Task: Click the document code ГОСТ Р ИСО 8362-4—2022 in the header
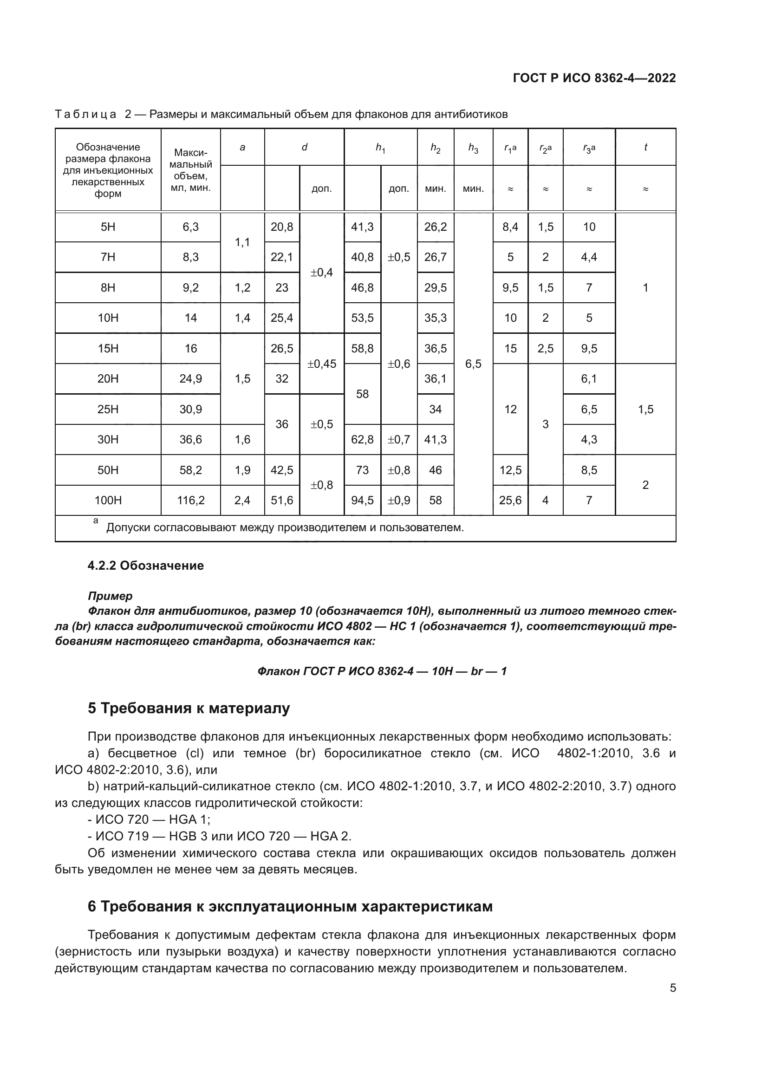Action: coord(594,78)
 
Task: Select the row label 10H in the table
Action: coord(108,318)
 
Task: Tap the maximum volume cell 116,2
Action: coord(190,500)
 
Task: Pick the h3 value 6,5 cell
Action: coord(473,364)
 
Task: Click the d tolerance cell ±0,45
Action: coord(322,364)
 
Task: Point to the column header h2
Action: coord(435,148)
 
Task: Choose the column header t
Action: coord(645,147)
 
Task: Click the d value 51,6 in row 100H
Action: coord(282,500)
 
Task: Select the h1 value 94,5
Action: coord(362,500)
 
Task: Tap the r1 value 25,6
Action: coord(510,500)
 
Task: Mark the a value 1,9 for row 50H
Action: coord(242,470)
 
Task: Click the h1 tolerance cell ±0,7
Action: coord(399,439)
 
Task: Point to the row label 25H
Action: coord(108,409)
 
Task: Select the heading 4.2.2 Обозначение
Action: coord(146,566)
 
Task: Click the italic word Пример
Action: coord(110,596)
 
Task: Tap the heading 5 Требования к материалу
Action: coord(189,708)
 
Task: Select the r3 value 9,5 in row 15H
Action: coord(589,349)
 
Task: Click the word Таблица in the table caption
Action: coord(85,114)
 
